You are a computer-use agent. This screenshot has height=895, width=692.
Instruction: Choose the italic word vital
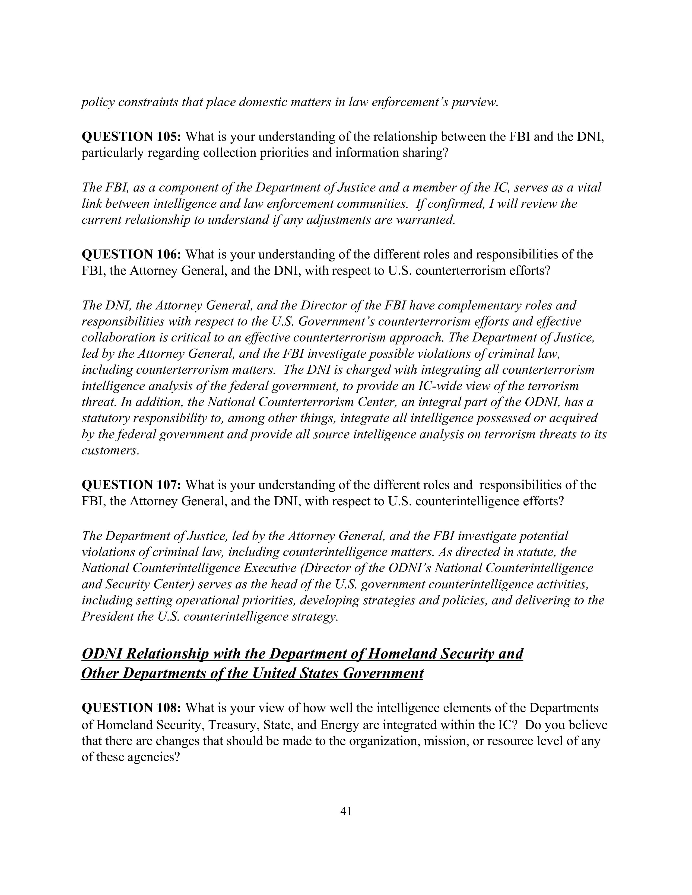pyautogui.click(x=589, y=188)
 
